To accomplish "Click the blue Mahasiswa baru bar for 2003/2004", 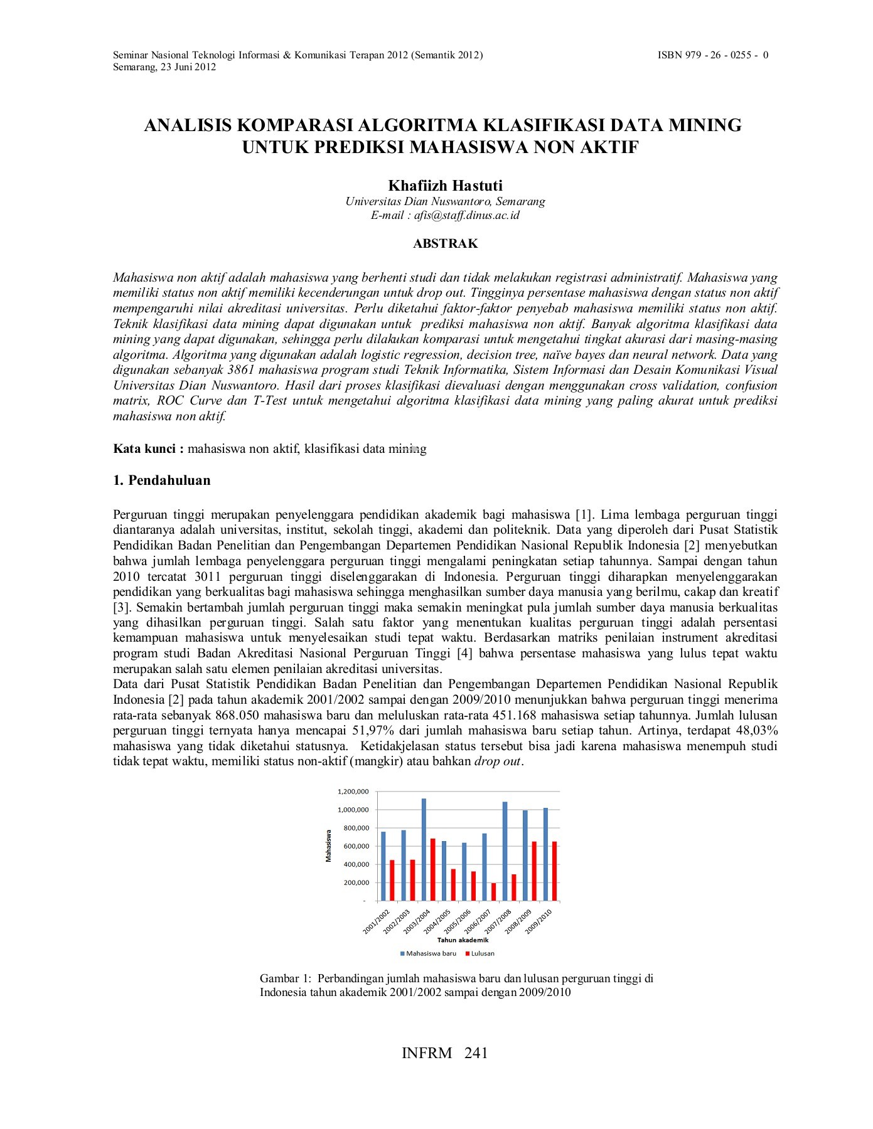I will pos(424,849).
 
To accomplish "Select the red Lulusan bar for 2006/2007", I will pos(493,892).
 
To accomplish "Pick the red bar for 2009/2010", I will pos(554,871).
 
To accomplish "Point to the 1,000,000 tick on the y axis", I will pos(353,810).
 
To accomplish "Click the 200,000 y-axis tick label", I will pos(355,883).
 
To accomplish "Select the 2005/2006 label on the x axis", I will pos(457,921).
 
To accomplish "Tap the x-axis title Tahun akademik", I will pos(463,940).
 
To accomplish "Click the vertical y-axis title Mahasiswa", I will pos(328,845).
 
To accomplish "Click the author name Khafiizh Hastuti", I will pos(445,186).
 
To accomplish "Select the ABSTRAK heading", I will pos(445,243).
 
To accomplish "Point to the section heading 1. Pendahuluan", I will pos(161,480).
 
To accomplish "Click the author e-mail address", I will pos(467,215).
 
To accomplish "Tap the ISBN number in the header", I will pos(713,55).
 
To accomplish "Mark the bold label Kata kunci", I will pos(148,448).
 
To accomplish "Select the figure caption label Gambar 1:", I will pos(285,978).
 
